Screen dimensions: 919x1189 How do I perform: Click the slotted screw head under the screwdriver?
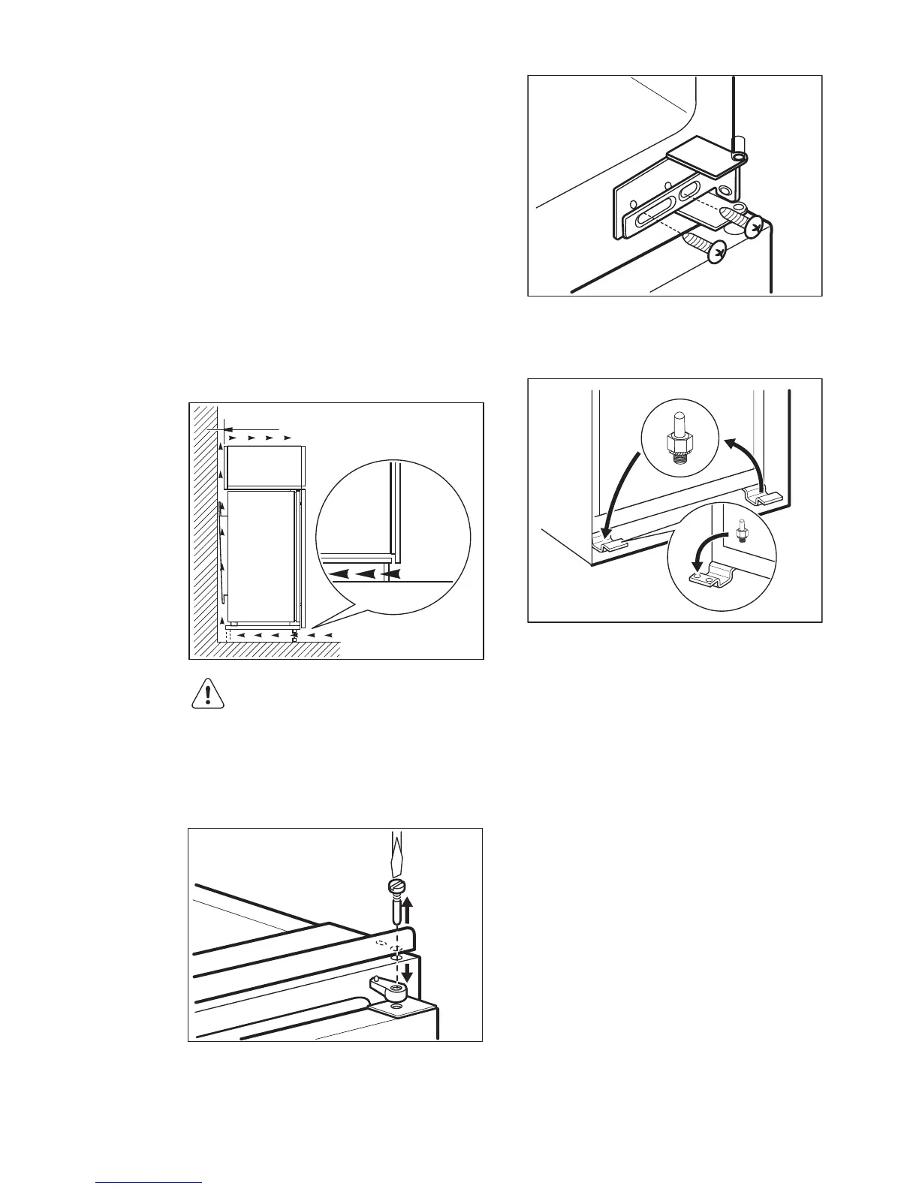(x=396, y=886)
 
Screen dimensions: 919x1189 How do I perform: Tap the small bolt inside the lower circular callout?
(x=741, y=531)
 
